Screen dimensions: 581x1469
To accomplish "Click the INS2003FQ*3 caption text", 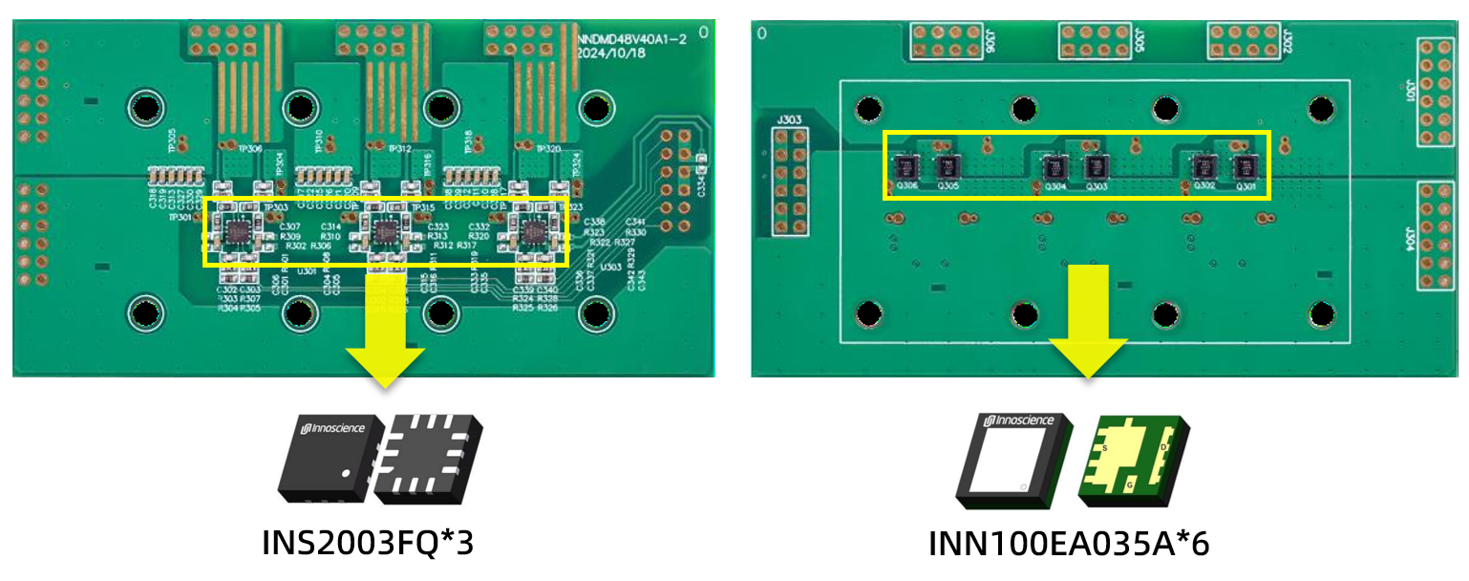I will [x=368, y=543].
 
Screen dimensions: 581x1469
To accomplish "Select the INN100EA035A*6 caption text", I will [x=1069, y=543].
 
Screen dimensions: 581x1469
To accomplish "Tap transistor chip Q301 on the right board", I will [x=1244, y=167].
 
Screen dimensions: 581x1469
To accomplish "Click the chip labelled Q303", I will [x=1096, y=167].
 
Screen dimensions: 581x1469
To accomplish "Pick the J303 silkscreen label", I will [x=790, y=121].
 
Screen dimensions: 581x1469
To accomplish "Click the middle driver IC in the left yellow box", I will [x=386, y=230].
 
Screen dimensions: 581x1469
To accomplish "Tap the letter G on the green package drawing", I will [x=1130, y=484].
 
